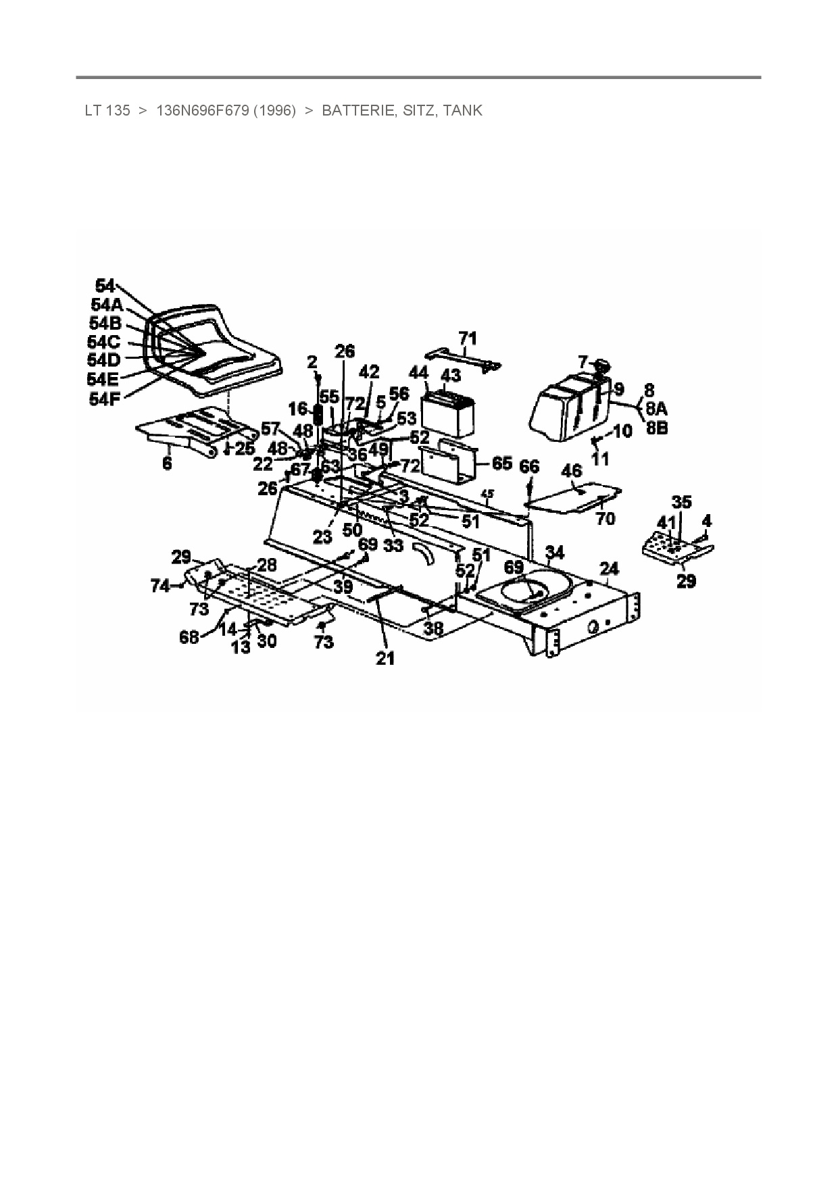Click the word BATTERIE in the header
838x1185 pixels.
[x=358, y=111]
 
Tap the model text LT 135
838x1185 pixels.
[x=107, y=111]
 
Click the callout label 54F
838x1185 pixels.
[x=103, y=399]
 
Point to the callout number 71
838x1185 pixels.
[x=468, y=338]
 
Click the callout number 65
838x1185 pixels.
[x=501, y=463]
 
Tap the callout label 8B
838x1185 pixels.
[x=656, y=428]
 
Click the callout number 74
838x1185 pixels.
[x=160, y=587]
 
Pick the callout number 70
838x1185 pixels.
[x=605, y=518]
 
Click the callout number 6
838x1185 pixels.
[x=167, y=463]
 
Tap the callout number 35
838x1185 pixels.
[x=681, y=502]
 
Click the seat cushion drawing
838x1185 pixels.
[x=216, y=355]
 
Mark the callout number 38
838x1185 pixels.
[x=433, y=629]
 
